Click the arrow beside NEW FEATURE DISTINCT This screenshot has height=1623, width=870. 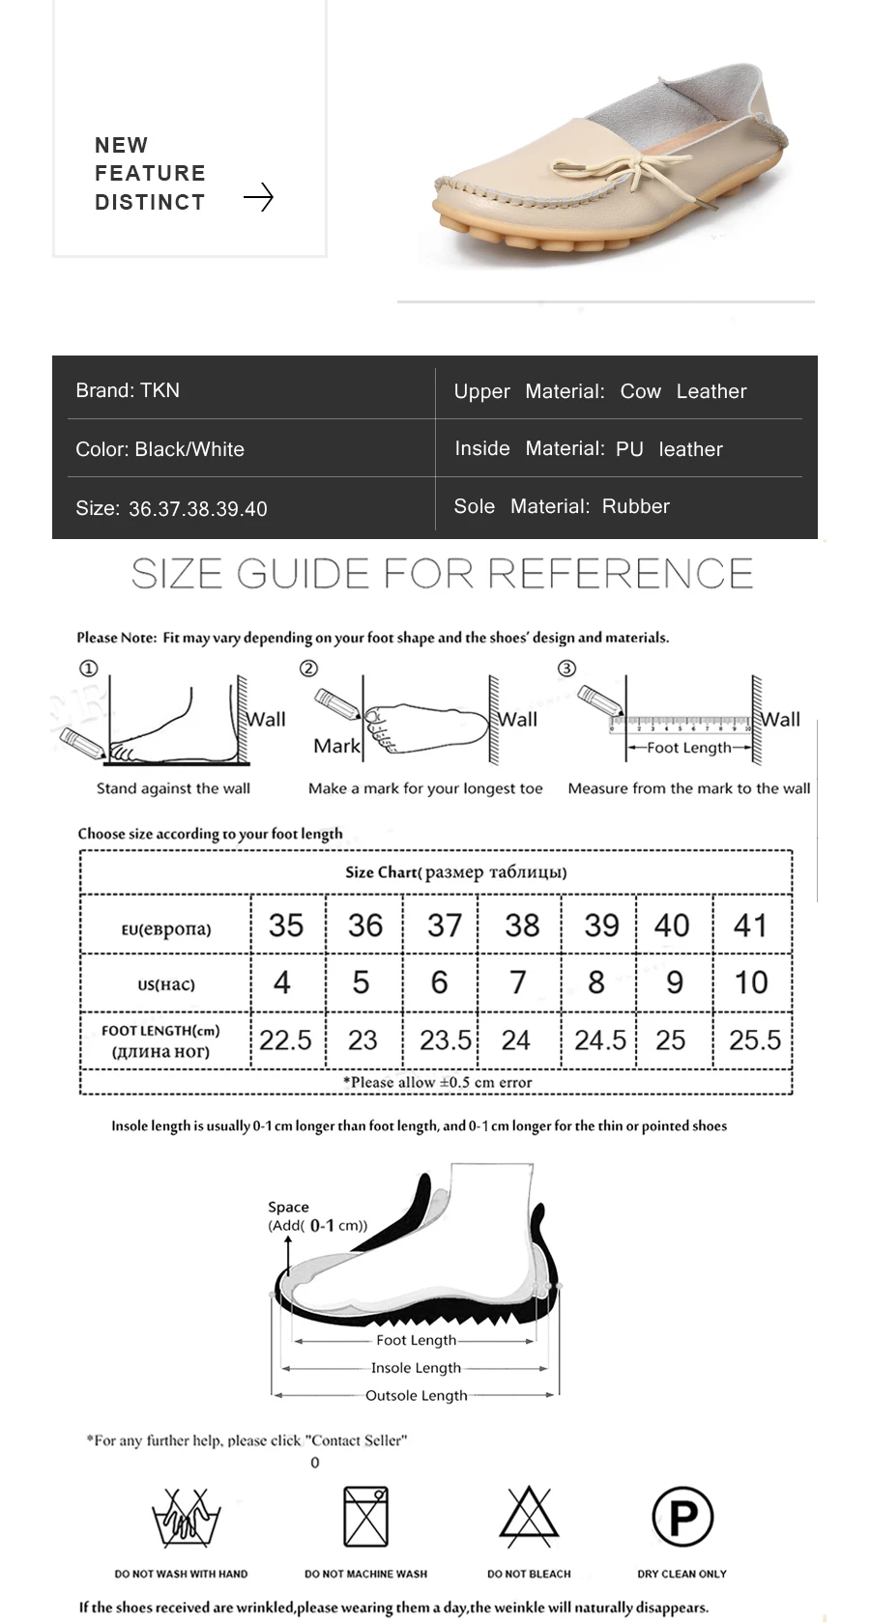coord(258,198)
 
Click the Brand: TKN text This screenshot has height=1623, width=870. coord(128,390)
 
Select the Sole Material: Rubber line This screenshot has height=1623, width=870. coord(562,506)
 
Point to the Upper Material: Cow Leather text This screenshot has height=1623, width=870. coord(600,391)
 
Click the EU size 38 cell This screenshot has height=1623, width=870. coord(522,925)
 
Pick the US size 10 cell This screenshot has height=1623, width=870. coord(751,982)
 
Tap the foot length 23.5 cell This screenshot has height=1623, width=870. coord(444,1040)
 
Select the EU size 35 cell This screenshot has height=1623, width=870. coord(286,925)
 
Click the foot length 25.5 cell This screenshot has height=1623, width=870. coord(754,1040)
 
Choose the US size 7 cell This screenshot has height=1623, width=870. coord(518,982)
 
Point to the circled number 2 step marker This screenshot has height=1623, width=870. coord(308,669)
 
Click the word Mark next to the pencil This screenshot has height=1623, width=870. coord(336,746)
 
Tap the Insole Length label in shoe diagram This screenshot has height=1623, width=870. coord(416,1368)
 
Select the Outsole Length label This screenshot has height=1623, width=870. coord(416,1395)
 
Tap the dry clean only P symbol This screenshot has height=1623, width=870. coord(682,1517)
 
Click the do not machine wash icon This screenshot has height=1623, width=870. coord(365,1517)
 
